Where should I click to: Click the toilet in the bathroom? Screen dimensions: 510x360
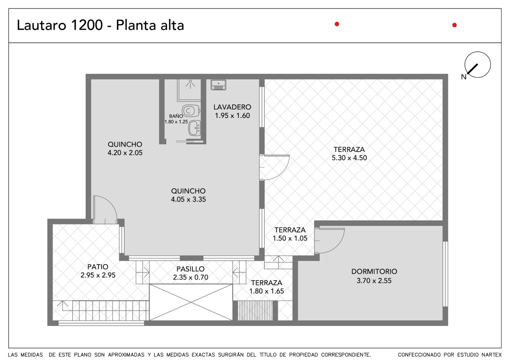pyautogui.click(x=191, y=111)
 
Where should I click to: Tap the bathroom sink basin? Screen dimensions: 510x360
pyautogui.click(x=194, y=128)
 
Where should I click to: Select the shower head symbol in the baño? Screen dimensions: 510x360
pyautogui.click(x=190, y=84)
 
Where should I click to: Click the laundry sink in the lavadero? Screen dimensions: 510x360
pyautogui.click(x=218, y=85)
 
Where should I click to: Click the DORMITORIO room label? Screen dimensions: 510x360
pyautogui.click(x=374, y=271)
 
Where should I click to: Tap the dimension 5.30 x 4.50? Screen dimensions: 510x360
pyautogui.click(x=349, y=158)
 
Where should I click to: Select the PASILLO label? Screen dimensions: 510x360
pyautogui.click(x=190, y=269)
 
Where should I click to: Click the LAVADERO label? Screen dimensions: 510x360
pyautogui.click(x=232, y=107)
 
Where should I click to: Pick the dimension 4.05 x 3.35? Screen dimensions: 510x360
pyautogui.click(x=188, y=199)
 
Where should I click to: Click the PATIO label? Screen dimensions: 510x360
pyautogui.click(x=98, y=267)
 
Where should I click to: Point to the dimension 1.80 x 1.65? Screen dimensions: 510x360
pyautogui.click(x=266, y=291)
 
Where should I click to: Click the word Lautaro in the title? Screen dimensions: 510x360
pyautogui.click(x=42, y=25)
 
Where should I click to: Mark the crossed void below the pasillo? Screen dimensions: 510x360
pyautogui.click(x=191, y=302)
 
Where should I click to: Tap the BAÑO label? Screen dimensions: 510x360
pyautogui.click(x=176, y=116)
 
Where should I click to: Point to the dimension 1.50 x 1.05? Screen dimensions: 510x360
pyautogui.click(x=290, y=238)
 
